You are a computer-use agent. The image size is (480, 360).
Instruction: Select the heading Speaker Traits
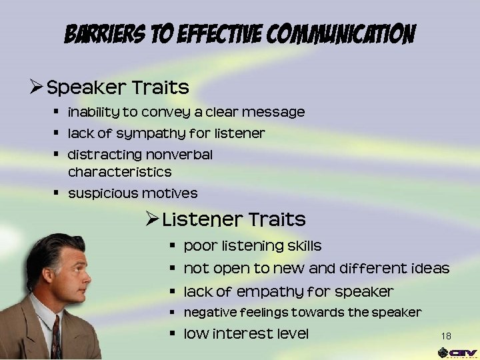[x=118, y=87]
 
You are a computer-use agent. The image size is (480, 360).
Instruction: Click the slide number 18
[x=446, y=335]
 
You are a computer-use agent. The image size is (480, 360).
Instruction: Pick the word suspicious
[x=103, y=193]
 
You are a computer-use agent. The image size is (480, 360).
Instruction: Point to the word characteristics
[x=119, y=172]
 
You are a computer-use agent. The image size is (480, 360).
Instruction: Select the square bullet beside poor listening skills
[x=171, y=245]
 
